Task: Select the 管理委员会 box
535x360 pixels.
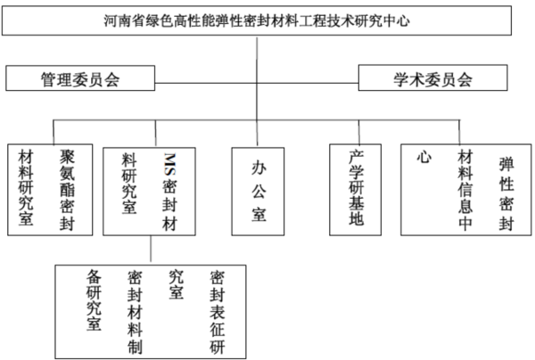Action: click(80, 78)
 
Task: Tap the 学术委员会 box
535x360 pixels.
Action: click(432, 78)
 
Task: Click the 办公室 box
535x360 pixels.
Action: click(258, 192)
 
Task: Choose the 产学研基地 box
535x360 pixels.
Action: click(355, 190)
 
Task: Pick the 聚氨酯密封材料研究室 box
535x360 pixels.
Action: click(50, 190)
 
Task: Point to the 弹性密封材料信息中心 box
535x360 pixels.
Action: click(465, 190)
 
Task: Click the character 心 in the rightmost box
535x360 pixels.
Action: click(424, 157)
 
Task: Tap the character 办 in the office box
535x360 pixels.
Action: click(259, 168)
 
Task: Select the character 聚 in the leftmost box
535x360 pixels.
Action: click(67, 157)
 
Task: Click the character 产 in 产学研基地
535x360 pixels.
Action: click(356, 157)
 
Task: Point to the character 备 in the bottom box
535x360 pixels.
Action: click(94, 276)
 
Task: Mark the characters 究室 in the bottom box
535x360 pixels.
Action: click(176, 284)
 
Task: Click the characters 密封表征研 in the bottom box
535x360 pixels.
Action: click(217, 312)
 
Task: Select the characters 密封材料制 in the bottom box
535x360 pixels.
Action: click(135, 312)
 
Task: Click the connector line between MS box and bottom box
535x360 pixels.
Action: click(151, 249)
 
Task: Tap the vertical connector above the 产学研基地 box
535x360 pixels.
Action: click(358, 132)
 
